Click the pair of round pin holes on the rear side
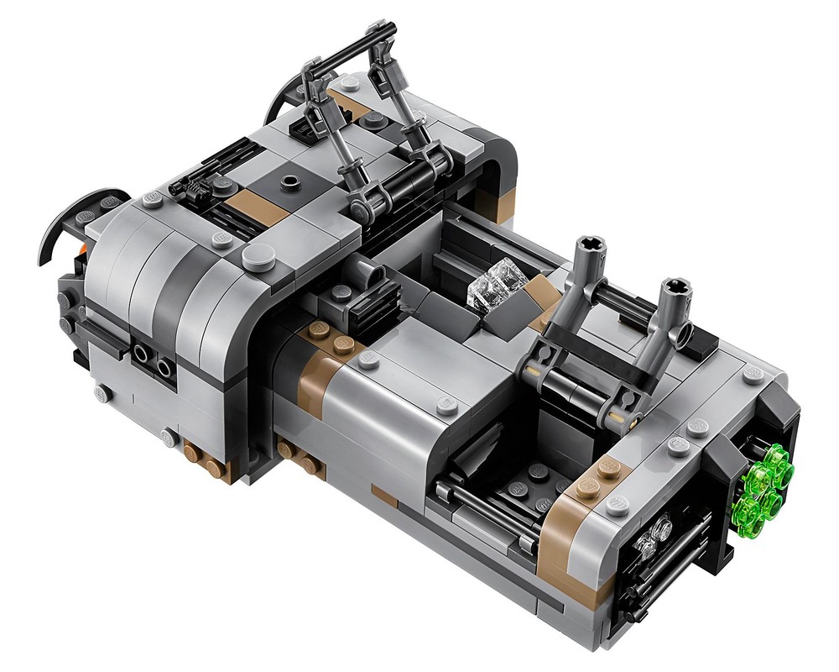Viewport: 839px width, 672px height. click(x=154, y=362)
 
